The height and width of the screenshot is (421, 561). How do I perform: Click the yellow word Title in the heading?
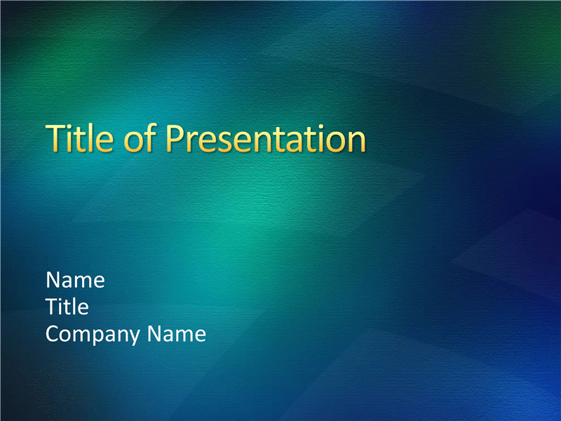[x=79, y=138]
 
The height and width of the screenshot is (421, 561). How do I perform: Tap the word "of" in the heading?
[x=140, y=138]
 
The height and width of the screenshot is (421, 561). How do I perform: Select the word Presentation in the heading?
[x=266, y=138]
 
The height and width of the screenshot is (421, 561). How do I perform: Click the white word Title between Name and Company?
[x=67, y=307]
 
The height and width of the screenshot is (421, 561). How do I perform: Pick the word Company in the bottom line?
[x=93, y=335]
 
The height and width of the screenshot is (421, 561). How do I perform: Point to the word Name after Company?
[x=177, y=334]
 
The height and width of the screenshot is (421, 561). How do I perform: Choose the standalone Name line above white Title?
[x=76, y=279]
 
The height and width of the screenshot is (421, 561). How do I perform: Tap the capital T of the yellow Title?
[x=55, y=138]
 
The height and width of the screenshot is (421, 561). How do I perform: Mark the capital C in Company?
[x=53, y=334]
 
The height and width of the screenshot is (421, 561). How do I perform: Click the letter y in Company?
[x=134, y=338]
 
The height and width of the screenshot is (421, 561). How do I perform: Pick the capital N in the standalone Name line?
[x=53, y=279]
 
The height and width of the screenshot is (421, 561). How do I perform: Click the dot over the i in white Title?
[x=64, y=300]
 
